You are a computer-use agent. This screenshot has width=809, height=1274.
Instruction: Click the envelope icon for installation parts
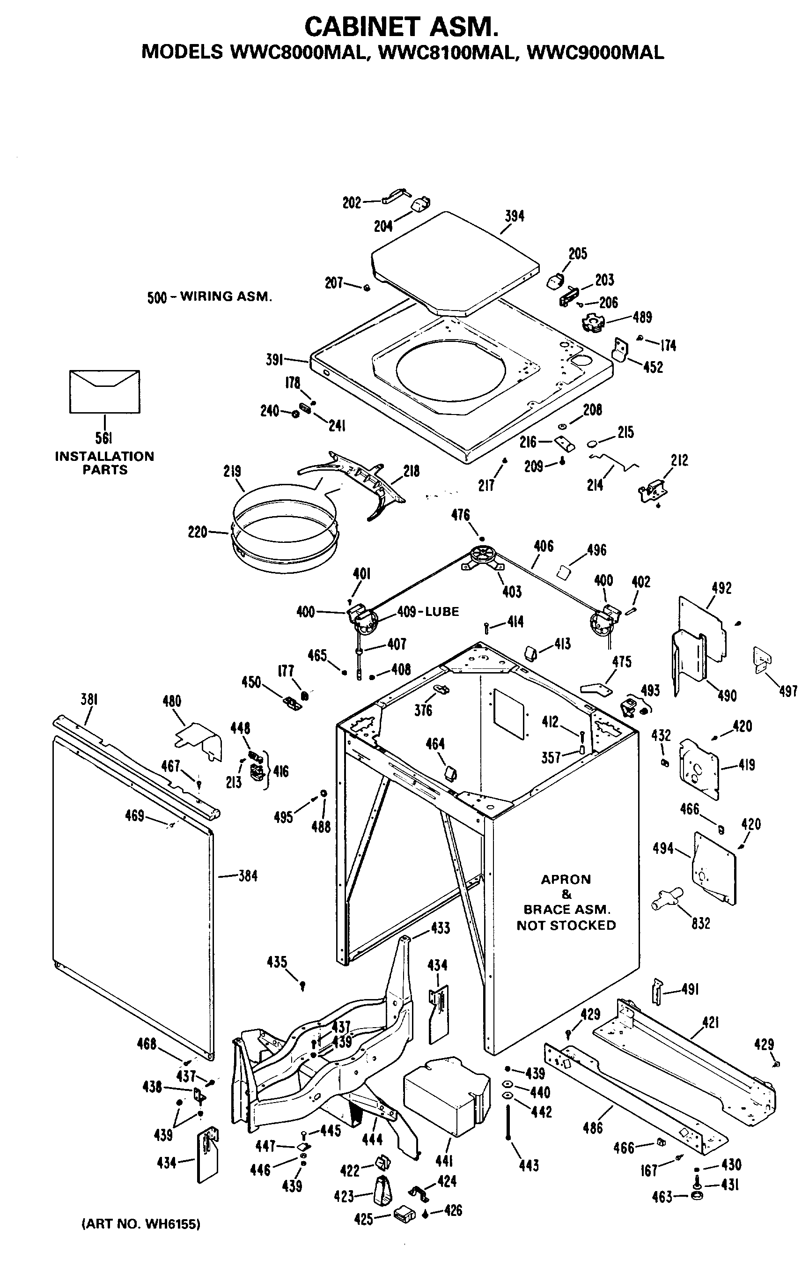point(105,392)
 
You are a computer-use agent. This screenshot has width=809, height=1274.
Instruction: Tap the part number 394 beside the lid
point(515,216)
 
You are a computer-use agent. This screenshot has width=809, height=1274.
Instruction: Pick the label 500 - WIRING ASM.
point(209,297)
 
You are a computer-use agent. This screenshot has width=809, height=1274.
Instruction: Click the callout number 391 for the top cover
point(275,360)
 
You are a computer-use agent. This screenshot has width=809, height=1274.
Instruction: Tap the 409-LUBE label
point(428,612)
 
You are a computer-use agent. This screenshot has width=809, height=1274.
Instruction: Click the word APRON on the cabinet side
point(566,879)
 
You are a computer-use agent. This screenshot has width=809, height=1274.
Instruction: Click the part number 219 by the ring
point(232,471)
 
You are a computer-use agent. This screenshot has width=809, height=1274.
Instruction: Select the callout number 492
point(722,588)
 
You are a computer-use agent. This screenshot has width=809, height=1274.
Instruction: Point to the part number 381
point(89,699)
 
